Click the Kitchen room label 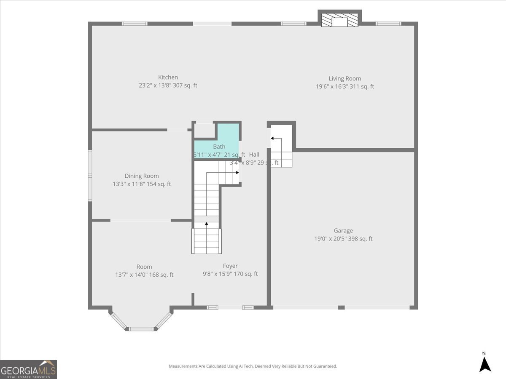[168, 77]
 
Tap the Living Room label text [345, 78]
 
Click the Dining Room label [142, 176]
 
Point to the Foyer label [230, 266]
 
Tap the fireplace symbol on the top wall [339, 21]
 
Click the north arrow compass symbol [485, 363]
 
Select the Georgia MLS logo [28, 369]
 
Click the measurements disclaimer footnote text [253, 366]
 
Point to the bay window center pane [141, 328]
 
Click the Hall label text [254, 155]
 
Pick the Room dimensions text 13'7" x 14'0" [144, 275]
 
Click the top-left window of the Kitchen [135, 24]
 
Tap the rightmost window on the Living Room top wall [388, 24]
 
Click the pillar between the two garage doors [342, 307]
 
